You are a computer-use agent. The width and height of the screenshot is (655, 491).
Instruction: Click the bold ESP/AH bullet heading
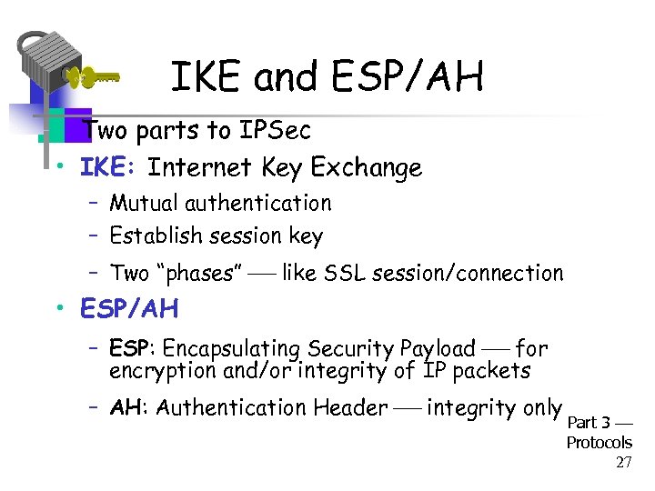(x=129, y=310)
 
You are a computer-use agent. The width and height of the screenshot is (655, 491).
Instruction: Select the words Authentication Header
(x=271, y=407)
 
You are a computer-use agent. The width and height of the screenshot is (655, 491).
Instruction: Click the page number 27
(x=623, y=462)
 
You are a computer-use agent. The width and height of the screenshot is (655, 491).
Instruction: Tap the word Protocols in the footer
(x=599, y=443)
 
